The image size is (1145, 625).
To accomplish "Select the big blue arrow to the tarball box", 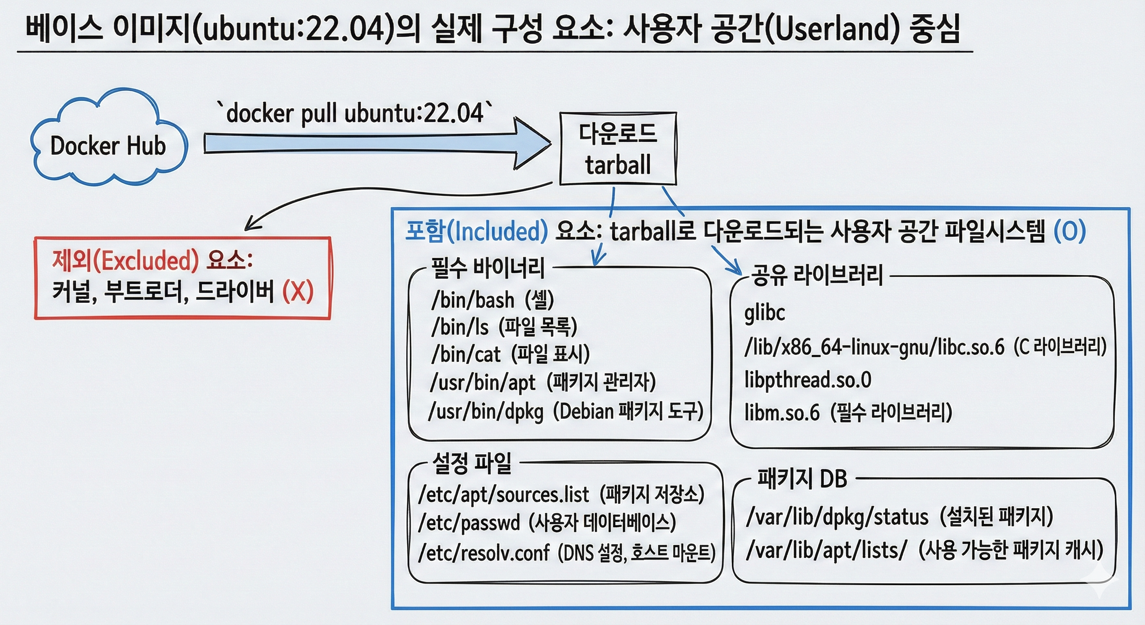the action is pos(377,143).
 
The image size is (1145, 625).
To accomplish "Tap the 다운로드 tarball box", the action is pos(618,149).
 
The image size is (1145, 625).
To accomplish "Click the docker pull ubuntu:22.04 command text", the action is pos(355,113).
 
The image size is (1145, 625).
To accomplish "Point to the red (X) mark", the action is pos(298,292).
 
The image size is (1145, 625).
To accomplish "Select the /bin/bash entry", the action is pos(472,300).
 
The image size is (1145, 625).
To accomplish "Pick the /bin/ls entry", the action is pos(459,328).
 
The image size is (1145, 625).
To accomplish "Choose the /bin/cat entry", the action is pos(466,354).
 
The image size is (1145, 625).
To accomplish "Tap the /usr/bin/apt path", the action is pos(483,382).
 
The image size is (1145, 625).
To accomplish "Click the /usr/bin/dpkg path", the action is pos(486,411).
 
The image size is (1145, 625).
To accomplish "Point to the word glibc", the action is pos(764,313).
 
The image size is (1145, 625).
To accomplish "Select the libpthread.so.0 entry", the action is pos(808,380).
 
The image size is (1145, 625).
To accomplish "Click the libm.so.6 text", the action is pos(782,412).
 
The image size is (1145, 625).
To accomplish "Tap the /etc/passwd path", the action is pos(469,523).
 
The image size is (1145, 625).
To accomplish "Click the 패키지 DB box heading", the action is pos(802,479).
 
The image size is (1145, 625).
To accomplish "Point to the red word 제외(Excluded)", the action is pos(126,260).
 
